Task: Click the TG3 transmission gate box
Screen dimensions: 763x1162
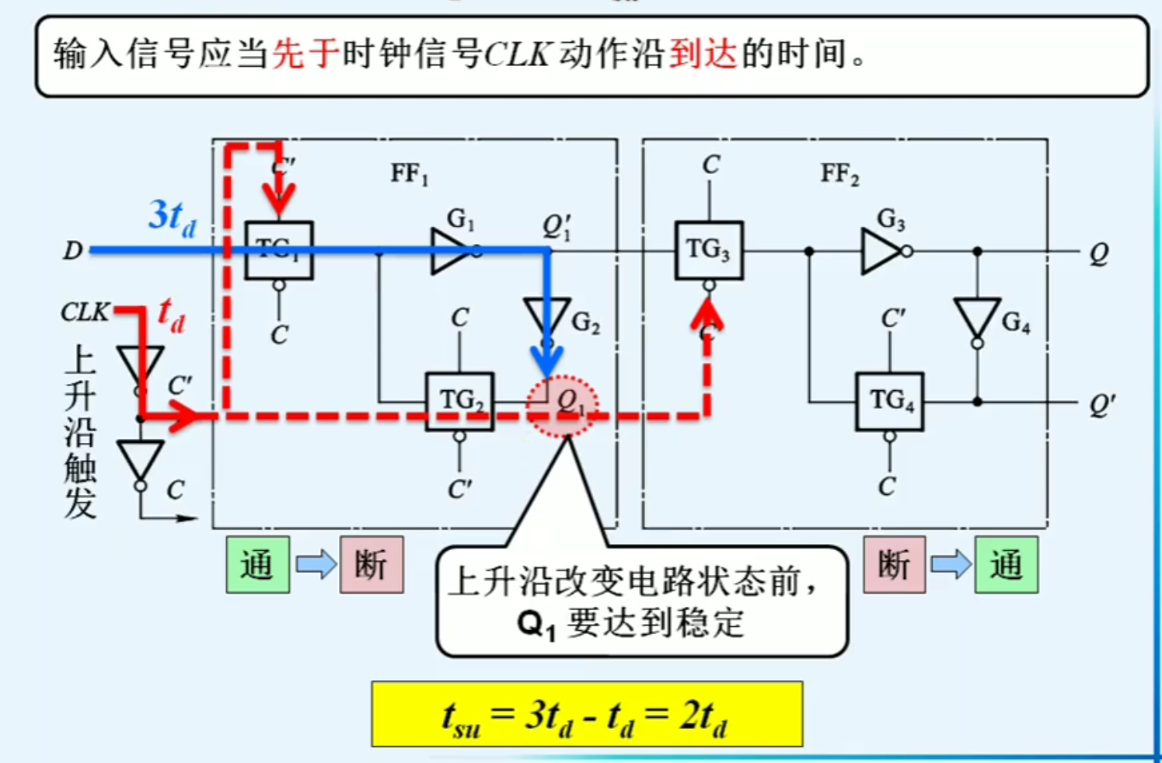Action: [x=708, y=250]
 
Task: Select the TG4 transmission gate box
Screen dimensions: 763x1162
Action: [x=889, y=401]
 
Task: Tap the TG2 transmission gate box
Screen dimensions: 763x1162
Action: [x=459, y=401]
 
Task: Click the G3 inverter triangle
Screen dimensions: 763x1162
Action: [x=881, y=251]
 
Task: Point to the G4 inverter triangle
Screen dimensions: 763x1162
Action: [x=977, y=318]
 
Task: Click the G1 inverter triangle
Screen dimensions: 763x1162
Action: [x=451, y=250]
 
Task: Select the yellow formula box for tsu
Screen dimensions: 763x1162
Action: [x=587, y=714]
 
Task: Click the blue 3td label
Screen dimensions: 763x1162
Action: [x=172, y=216]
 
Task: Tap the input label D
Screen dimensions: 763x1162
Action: [x=72, y=251]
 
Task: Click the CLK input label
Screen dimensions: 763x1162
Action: [x=85, y=312]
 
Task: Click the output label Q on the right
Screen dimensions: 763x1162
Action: [x=1098, y=254]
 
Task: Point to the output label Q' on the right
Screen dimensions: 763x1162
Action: [x=1101, y=404]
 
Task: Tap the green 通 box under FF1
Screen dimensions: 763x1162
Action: [x=257, y=565]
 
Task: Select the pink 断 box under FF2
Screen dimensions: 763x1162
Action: [x=894, y=565]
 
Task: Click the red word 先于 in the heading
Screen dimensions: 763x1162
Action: [x=305, y=54]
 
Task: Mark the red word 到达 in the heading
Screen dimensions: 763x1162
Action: [x=703, y=54]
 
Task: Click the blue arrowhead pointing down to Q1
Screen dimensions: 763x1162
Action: [x=547, y=362]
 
